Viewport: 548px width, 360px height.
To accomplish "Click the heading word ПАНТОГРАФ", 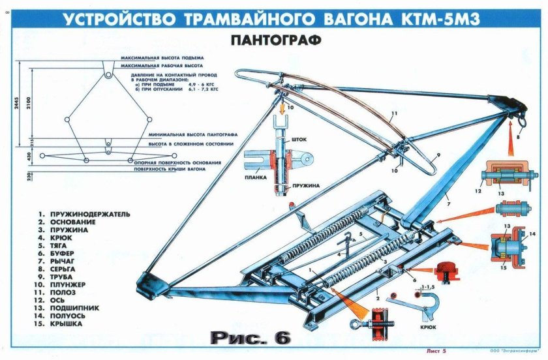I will point(275,40).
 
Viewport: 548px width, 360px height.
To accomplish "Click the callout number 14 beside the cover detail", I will point(532,233).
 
